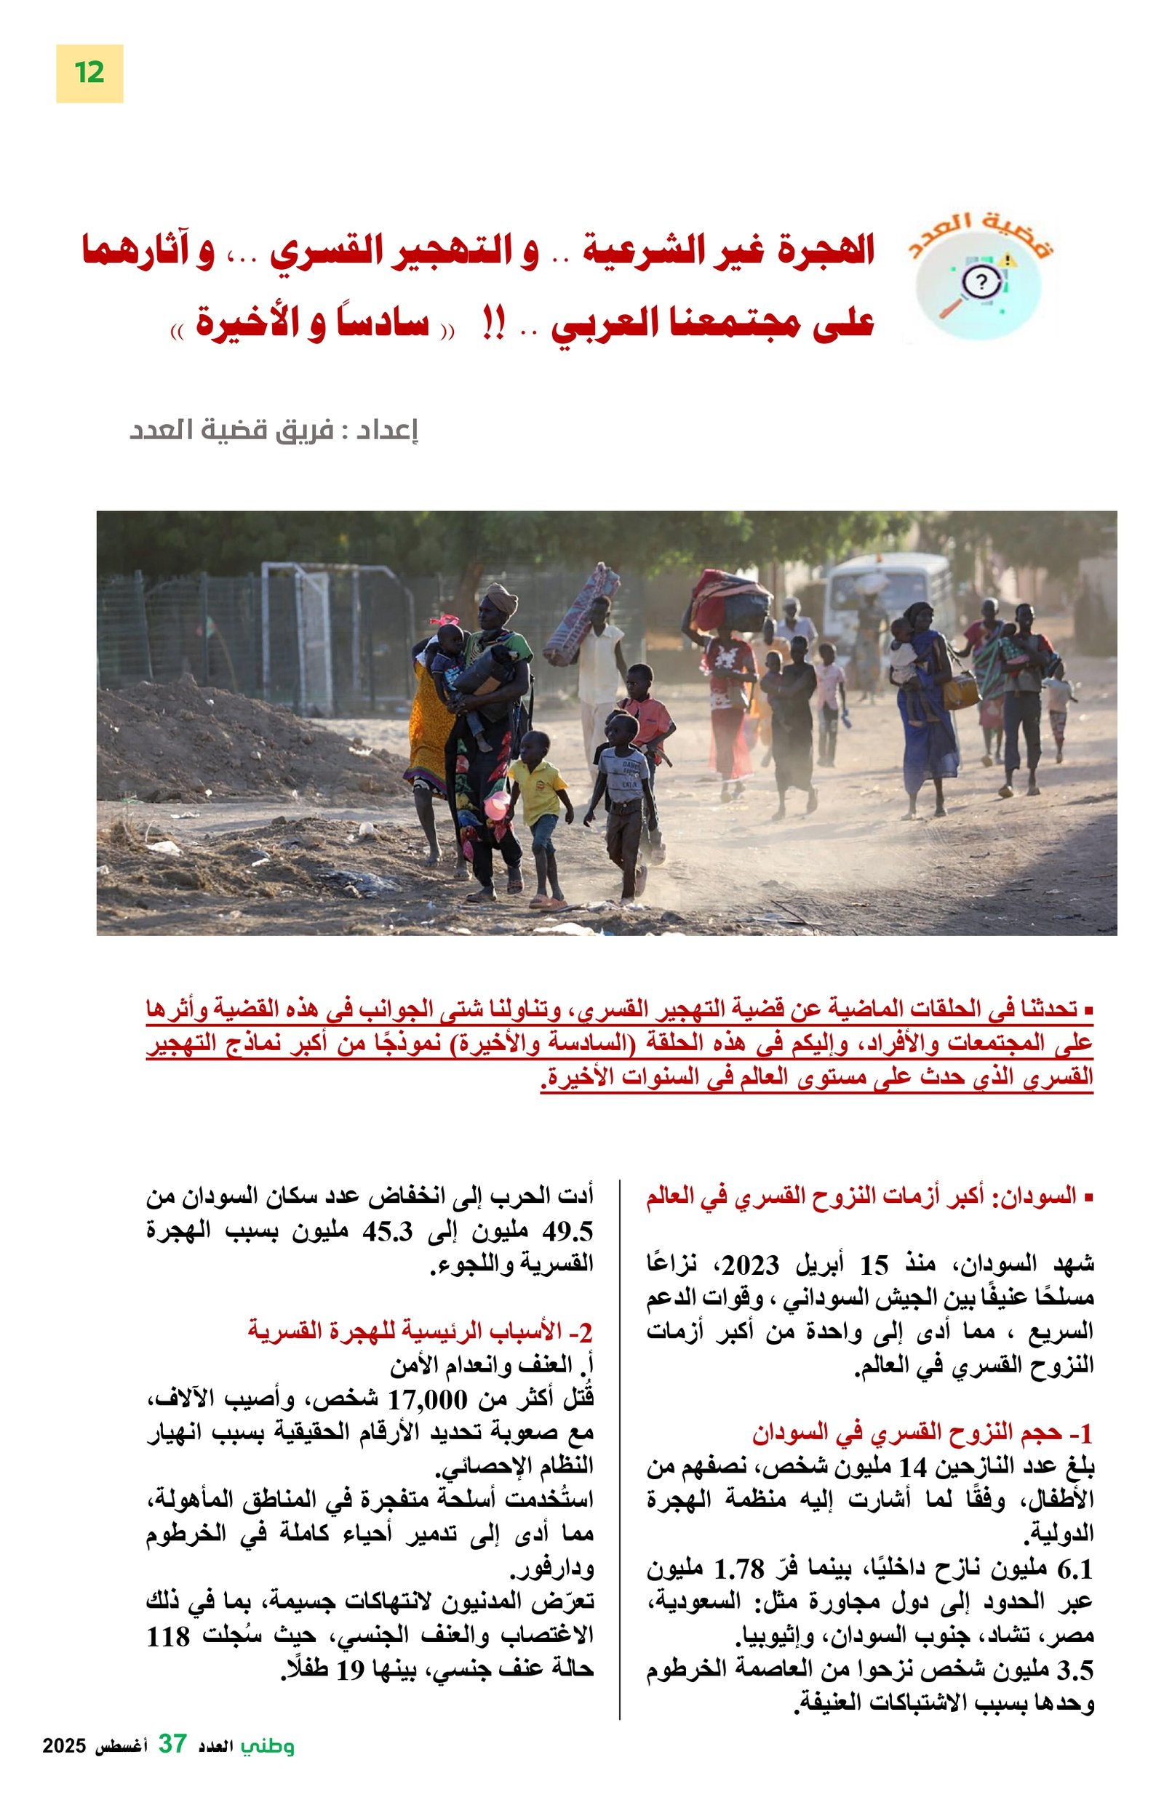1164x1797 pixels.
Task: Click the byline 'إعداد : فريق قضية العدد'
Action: click(x=274, y=431)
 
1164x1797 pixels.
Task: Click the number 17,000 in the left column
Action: click(x=428, y=1401)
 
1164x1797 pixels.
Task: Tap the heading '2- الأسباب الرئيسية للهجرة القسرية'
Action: click(x=420, y=1332)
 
